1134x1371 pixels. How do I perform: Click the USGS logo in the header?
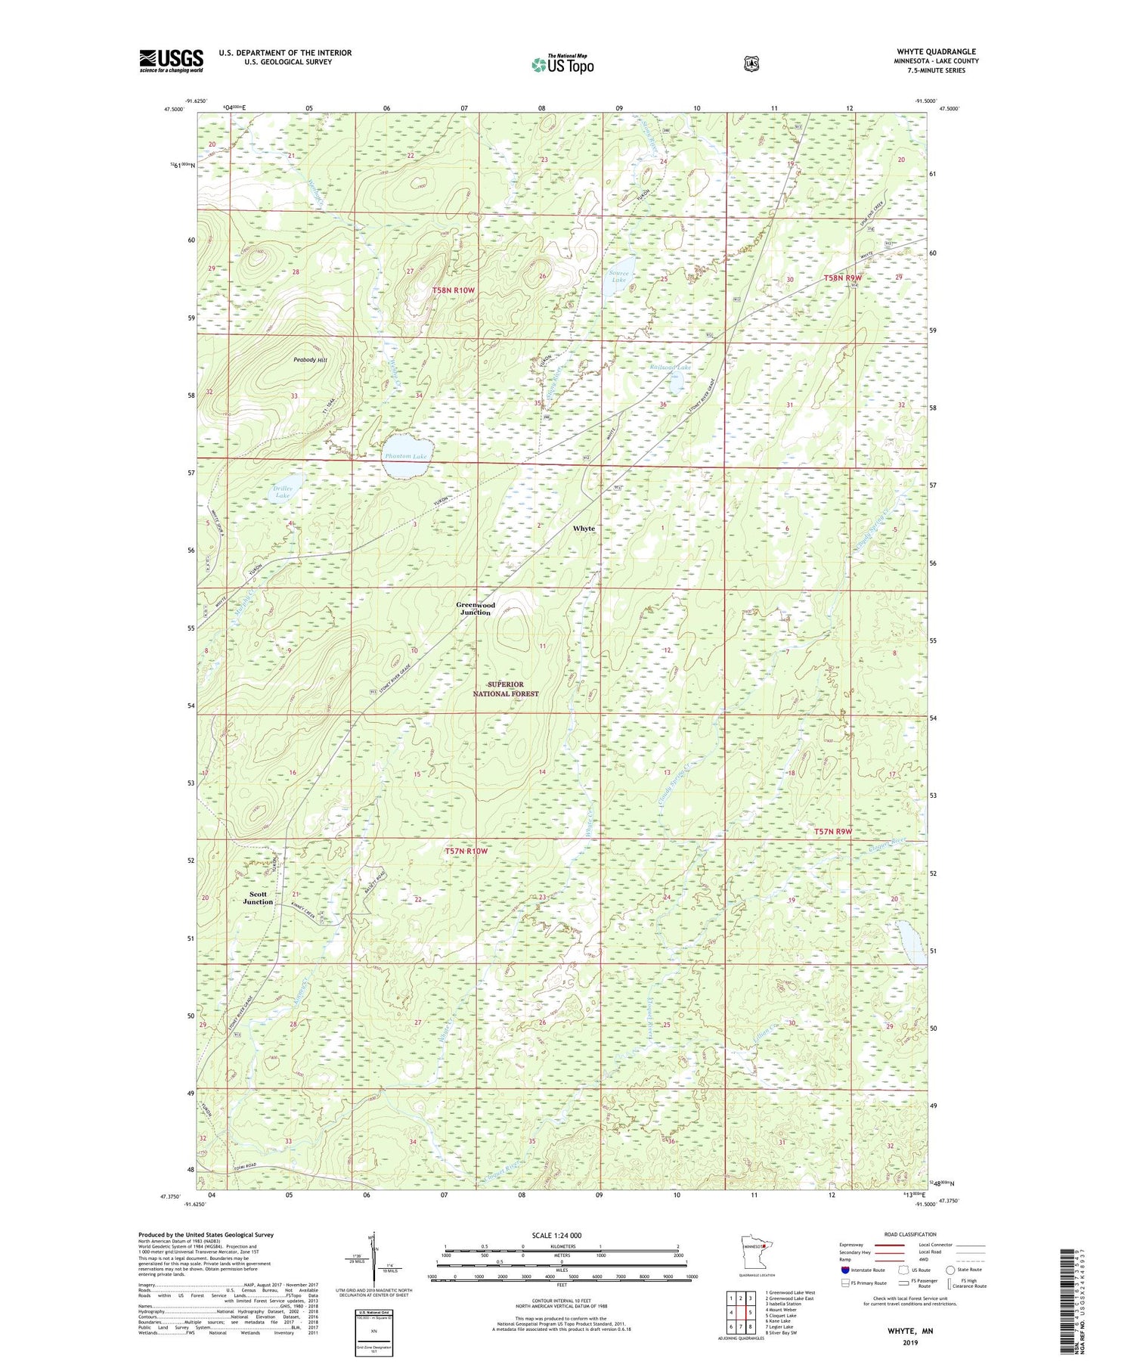[x=171, y=60]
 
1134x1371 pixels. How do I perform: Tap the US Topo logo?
[x=562, y=65]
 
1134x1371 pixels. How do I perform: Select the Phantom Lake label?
[x=406, y=457]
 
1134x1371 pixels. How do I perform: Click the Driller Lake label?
[x=282, y=492]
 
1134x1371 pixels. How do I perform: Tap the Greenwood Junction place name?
[x=476, y=609]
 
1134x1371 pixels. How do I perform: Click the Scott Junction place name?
[x=258, y=898]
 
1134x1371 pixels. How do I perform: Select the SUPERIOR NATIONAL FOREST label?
[x=507, y=689]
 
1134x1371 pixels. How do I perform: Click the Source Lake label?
[x=618, y=276]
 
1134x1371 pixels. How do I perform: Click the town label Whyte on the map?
[x=584, y=528]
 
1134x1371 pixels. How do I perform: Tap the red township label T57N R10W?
[x=466, y=851]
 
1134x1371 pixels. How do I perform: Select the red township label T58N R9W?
[x=843, y=278]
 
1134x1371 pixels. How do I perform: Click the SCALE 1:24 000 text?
[x=556, y=1235]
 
